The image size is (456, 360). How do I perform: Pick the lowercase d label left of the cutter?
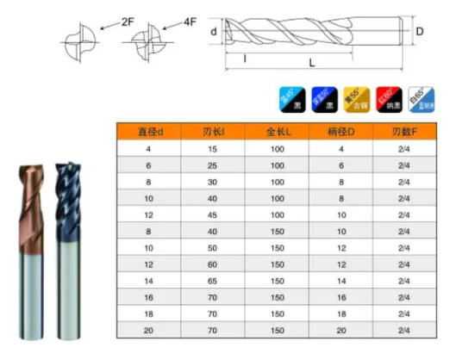coord(214,32)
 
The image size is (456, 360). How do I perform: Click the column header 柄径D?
coord(341,133)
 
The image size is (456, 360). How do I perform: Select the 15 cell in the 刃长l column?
coord(215,151)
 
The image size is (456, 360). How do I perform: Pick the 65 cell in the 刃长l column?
coord(215,282)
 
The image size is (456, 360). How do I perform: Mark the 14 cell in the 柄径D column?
coord(341,282)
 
